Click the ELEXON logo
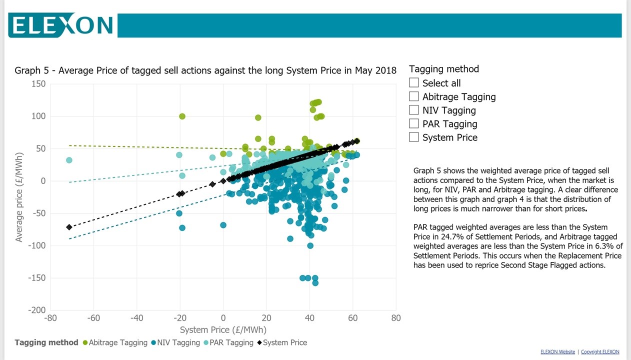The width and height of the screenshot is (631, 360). click(x=61, y=25)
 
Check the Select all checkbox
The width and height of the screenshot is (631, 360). click(x=414, y=82)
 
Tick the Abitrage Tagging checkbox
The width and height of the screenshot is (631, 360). click(x=414, y=96)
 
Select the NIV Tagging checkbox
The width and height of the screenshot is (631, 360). click(x=414, y=109)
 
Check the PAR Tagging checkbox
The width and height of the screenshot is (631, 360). click(x=414, y=123)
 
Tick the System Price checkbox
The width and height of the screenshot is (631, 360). click(x=414, y=136)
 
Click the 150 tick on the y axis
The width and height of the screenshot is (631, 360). click(x=37, y=84)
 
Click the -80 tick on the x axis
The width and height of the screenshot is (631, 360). click(x=50, y=318)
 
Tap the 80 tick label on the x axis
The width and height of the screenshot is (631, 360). click(x=395, y=318)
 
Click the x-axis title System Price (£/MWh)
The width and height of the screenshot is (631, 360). click(x=223, y=329)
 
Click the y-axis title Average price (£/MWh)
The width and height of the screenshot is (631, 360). click(x=19, y=196)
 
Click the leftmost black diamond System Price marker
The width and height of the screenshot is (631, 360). click(x=69, y=227)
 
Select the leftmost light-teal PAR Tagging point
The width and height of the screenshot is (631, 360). click(x=69, y=160)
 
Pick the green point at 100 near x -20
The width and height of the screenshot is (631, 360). click(x=182, y=116)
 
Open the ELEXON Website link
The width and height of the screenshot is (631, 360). click(x=557, y=352)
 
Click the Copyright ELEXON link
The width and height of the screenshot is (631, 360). click(x=600, y=352)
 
